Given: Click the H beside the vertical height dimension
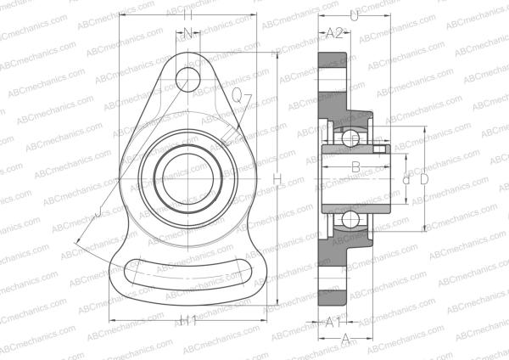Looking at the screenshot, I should coord(278,179).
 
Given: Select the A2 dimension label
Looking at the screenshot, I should coord(334,33).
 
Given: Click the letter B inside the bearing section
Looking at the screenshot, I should coord(356,167).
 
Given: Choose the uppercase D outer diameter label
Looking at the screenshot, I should coord(423,180).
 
